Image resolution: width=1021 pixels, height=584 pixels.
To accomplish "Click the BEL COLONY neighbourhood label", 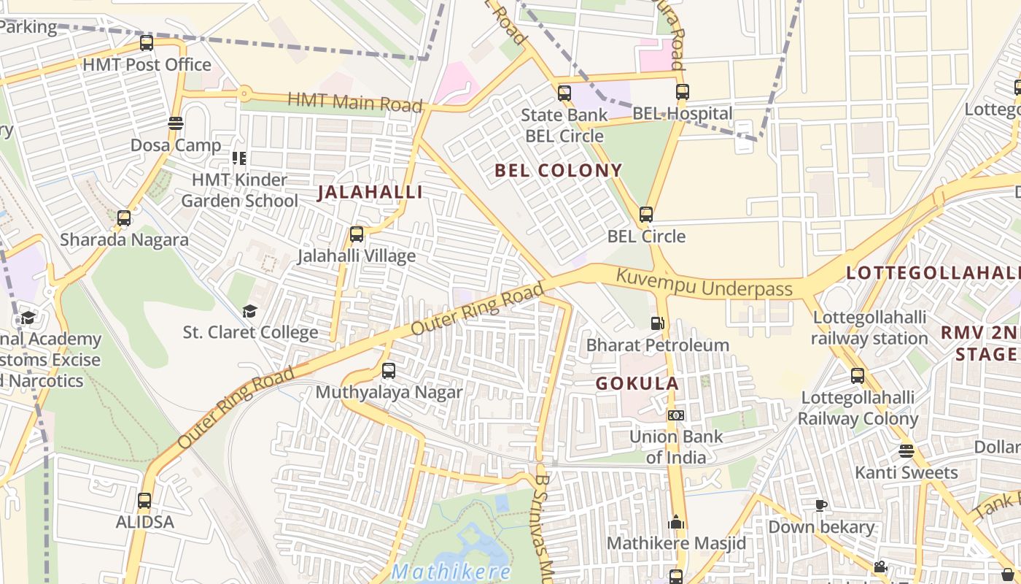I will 558,171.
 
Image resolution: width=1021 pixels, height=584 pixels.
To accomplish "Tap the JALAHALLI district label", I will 370,193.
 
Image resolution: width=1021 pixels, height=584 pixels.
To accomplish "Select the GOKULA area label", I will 637,383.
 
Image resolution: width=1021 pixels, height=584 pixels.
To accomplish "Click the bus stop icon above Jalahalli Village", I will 356,234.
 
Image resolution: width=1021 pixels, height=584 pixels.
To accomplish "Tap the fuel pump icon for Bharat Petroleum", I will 657,323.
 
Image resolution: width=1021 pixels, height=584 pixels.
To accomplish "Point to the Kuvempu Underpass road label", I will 704,283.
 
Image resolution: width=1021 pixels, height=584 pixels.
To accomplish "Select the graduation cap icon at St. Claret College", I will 249,311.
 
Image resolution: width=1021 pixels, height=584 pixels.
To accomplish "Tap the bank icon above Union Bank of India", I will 676,415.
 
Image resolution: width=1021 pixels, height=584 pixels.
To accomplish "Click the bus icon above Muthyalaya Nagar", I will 389,371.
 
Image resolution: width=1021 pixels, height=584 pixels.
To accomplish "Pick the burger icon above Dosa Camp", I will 175,123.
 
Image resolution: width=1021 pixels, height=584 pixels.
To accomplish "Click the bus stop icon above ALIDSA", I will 144,501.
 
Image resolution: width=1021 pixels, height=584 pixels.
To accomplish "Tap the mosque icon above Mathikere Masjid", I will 676,523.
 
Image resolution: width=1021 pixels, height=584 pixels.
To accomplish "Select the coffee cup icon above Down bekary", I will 820,505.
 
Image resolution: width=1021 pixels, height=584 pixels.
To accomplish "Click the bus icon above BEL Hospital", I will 682,92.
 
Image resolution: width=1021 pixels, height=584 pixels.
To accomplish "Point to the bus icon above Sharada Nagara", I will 124,218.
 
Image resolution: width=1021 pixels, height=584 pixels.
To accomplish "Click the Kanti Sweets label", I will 906,473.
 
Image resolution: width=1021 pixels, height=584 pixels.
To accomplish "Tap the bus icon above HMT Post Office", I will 147,43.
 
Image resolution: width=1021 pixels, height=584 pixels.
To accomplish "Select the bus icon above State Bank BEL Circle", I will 564,93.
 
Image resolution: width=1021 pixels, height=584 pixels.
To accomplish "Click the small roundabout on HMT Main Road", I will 244,93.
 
